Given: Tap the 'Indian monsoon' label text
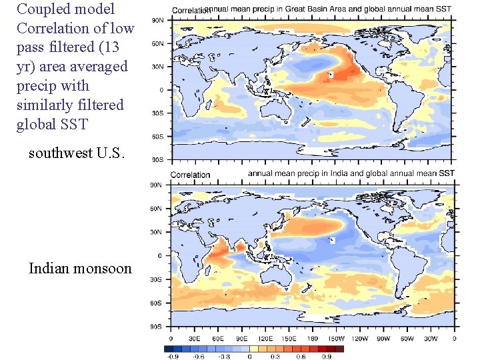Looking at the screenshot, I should [x=80, y=269].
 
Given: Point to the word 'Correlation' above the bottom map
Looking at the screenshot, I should [x=190, y=175].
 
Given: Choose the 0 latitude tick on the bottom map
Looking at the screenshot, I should [x=159, y=256].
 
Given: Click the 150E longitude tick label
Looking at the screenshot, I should [x=289, y=338].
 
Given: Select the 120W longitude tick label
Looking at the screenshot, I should [x=360, y=338].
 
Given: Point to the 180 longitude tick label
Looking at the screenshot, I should [x=313, y=338].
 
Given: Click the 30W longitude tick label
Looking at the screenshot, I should [x=431, y=338].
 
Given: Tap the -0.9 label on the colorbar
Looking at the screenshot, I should [x=172, y=356].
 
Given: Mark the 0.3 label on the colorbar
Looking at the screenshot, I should [x=275, y=356].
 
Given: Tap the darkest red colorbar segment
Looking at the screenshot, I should [x=339, y=348].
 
